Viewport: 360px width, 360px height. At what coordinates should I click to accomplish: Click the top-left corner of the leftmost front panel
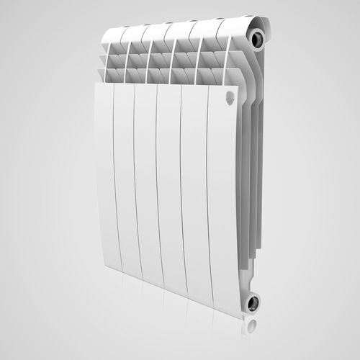click(96, 84)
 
